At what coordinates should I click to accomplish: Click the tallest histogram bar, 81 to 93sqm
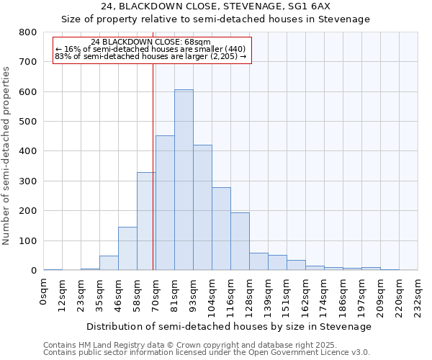click(184, 180)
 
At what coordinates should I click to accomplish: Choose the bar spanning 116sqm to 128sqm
click(240, 241)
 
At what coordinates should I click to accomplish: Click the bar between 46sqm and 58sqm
click(127, 248)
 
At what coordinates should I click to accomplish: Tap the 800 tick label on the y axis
click(28, 32)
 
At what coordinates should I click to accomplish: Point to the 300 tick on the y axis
click(28, 181)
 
